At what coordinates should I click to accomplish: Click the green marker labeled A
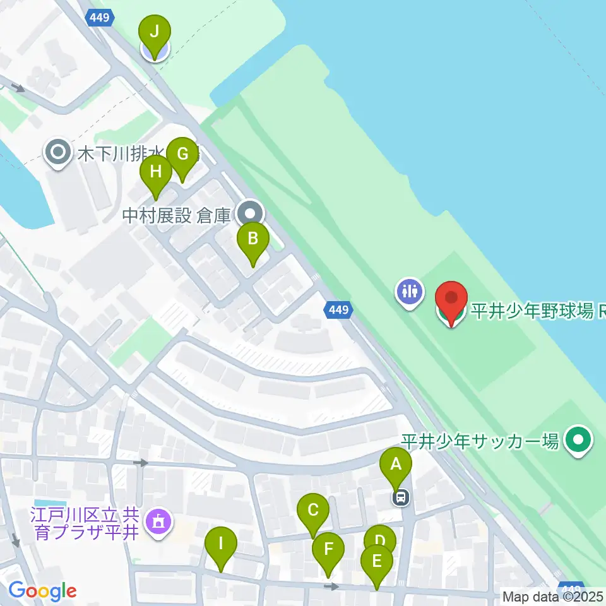tap(396, 466)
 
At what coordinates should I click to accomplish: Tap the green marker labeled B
tap(252, 239)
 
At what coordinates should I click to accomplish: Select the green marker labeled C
tap(313, 509)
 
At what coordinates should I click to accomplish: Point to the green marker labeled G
tap(182, 154)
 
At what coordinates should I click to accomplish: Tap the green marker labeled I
tap(220, 543)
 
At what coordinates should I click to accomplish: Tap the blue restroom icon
tap(410, 292)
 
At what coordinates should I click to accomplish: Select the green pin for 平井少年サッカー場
tap(578, 441)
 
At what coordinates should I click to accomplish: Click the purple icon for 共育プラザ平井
tap(155, 522)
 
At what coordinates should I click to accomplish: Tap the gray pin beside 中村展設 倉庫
tap(250, 213)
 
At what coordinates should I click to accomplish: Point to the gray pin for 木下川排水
tap(59, 151)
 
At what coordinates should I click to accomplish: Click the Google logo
tap(42, 591)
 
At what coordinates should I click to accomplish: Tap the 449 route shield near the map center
tap(338, 309)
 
